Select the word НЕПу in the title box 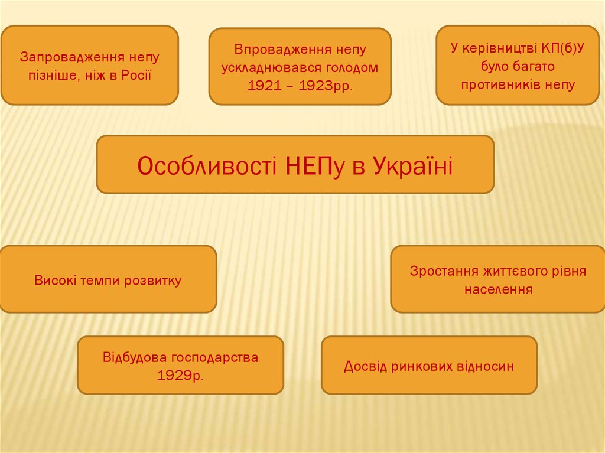coord(306,166)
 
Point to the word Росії coord(138,75)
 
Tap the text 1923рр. coord(325,85)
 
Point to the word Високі coord(55,281)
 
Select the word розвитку coord(153,281)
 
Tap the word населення coord(499,290)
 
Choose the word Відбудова coord(135,357)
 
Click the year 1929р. coord(180,376)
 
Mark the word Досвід coord(365,366)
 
